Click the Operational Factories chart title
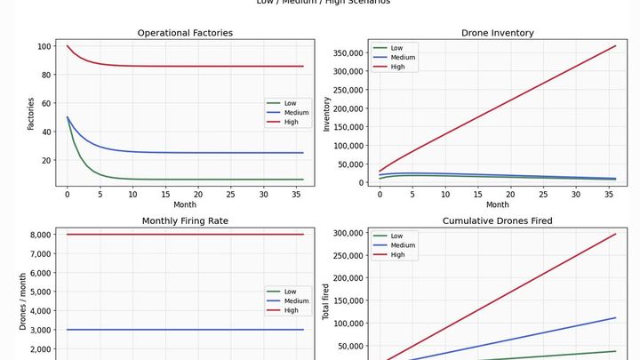point(185,33)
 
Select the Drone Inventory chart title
point(498,33)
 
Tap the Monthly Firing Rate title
point(185,220)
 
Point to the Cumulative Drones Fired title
point(498,220)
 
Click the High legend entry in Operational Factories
point(291,122)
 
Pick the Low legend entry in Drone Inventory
point(396,48)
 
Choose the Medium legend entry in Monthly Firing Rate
point(296,300)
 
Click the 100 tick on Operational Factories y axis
point(44,46)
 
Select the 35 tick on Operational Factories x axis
point(297,193)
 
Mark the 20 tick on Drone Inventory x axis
point(510,193)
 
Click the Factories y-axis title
point(30,114)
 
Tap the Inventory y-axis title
point(326,114)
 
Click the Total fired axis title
point(326,302)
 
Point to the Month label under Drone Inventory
point(498,204)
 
